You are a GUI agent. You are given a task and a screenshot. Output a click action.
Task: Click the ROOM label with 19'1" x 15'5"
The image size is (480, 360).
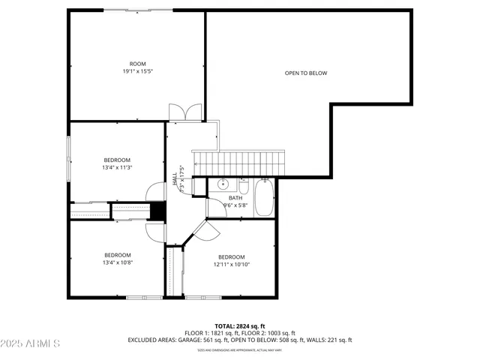point(137,68)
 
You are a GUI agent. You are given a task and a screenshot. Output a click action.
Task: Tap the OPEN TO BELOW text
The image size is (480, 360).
point(306,73)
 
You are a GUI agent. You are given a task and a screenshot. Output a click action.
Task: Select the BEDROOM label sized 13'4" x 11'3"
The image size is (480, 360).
point(117,163)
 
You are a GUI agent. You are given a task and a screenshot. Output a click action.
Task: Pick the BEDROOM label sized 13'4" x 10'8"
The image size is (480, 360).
point(117,259)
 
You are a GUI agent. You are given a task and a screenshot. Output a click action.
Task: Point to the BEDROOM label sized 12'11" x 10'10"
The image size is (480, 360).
point(232,261)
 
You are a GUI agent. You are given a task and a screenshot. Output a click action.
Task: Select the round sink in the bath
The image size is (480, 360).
point(223,184)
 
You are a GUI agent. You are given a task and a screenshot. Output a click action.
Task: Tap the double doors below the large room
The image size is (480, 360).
point(185,112)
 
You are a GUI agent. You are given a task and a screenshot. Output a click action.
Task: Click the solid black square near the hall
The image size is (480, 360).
point(157,212)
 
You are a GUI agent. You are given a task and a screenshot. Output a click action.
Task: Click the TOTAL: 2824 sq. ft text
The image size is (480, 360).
point(240,325)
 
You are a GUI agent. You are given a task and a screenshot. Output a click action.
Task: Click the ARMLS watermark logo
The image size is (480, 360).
point(31,343)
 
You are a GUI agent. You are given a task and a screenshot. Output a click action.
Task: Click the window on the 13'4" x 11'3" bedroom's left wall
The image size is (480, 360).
point(68,158)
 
